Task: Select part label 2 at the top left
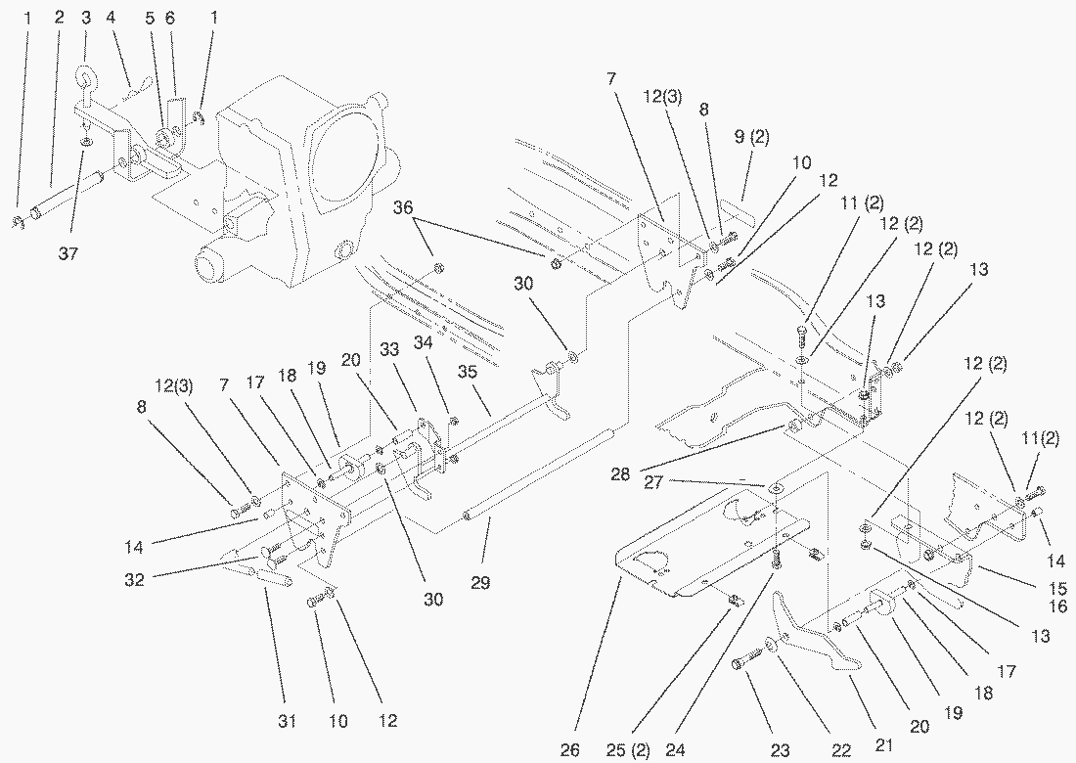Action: coord(59,18)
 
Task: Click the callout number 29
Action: coord(479,582)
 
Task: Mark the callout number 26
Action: coord(570,749)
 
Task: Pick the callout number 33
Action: coord(390,349)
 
